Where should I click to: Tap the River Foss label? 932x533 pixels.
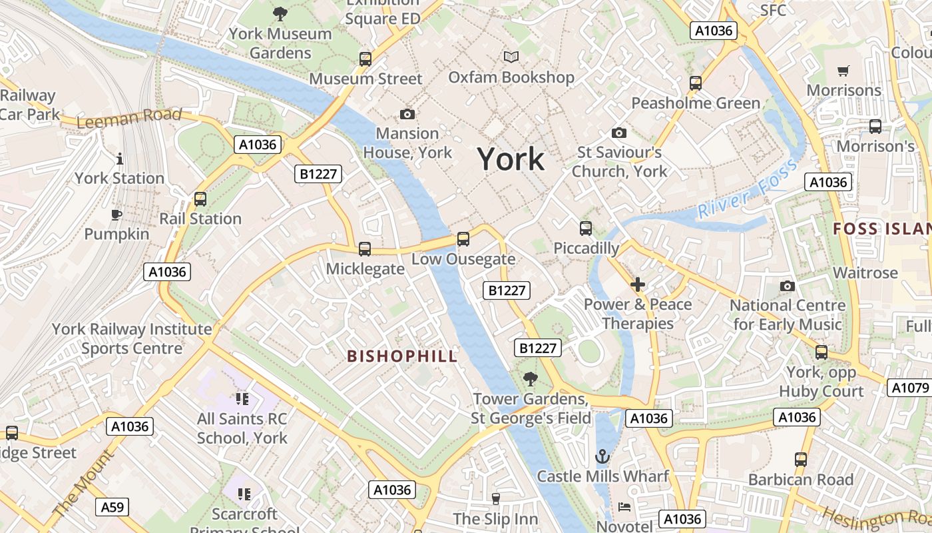(747, 189)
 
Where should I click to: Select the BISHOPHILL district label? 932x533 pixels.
(402, 356)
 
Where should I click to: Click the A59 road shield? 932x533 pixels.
(113, 507)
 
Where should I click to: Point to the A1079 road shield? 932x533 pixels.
(909, 388)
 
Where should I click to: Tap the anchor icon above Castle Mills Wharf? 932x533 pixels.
(602, 456)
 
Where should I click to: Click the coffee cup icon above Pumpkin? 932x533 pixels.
(116, 215)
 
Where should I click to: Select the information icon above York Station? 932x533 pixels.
(120, 159)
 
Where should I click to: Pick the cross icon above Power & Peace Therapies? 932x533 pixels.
(638, 285)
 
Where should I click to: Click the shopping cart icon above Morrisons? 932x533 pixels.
(843, 71)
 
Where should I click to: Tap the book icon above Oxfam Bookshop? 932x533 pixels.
(511, 57)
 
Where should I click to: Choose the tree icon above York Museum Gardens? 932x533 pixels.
(280, 13)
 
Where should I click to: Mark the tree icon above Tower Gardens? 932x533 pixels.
(531, 379)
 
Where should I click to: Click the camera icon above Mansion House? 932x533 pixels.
(407, 114)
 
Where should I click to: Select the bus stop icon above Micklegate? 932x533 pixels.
(365, 249)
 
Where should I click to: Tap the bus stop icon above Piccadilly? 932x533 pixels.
(586, 229)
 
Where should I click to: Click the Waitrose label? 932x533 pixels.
(865, 272)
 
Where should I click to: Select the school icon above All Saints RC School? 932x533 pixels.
(242, 399)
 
